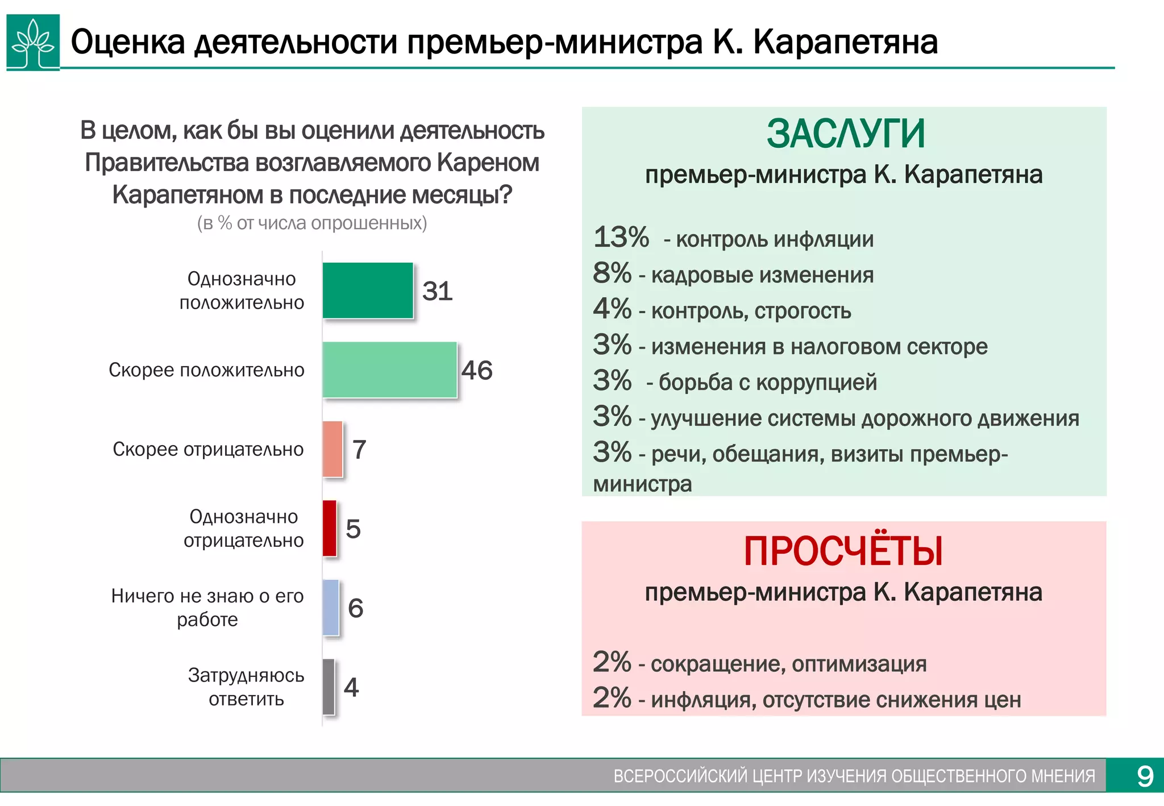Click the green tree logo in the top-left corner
click(x=33, y=42)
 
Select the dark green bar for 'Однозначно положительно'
click(x=368, y=290)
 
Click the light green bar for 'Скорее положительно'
click(x=389, y=369)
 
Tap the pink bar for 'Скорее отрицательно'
click(x=332, y=449)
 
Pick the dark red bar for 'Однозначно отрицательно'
click(x=330, y=528)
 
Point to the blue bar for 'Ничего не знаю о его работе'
click(x=331, y=608)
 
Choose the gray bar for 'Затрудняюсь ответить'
click(x=329, y=687)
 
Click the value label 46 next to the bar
click(x=477, y=371)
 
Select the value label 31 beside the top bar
click(x=437, y=291)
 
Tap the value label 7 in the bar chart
click(x=359, y=450)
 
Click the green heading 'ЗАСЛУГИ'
click(x=846, y=134)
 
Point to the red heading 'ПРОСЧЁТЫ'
click(x=843, y=551)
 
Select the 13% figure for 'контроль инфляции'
click(x=621, y=238)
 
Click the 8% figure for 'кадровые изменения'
click(x=612, y=273)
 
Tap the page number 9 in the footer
click(x=1145, y=776)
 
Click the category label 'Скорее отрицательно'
click(x=208, y=449)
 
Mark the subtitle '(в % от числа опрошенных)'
click(x=312, y=223)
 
